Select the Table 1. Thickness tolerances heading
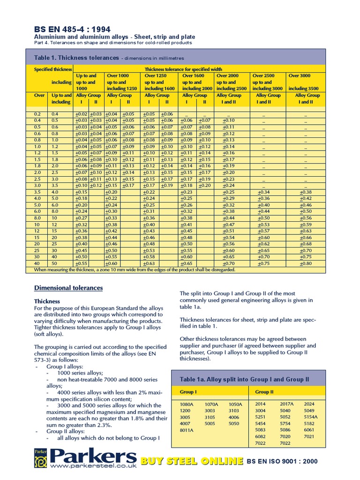76,58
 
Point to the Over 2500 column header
264,75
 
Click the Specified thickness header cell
53,69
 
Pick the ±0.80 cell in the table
306,264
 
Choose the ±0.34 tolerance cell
263,192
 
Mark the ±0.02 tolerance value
81,114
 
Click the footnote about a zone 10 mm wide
135,270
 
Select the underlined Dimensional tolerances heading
68,288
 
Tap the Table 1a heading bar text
245,379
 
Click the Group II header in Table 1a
264,392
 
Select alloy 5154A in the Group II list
310,416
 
